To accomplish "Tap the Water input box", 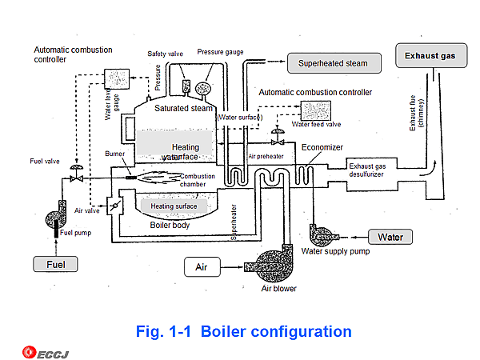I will (x=390, y=237).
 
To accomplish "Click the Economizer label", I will (x=322, y=146).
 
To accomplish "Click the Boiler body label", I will (x=170, y=225).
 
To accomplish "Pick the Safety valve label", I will (x=166, y=54).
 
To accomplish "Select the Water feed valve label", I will (x=316, y=124).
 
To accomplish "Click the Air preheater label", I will (x=266, y=158).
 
